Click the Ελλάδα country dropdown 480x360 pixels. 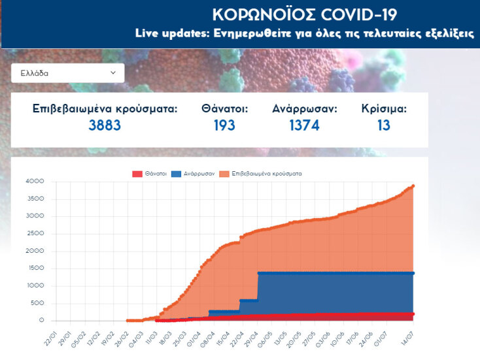pos(67,73)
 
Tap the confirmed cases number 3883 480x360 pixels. pos(105,125)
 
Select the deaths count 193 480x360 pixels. pos(224,125)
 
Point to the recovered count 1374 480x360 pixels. pos(304,125)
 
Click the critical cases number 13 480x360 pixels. pos(384,125)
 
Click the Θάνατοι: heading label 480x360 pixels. pos(224,108)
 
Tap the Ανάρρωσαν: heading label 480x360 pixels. pos(305,108)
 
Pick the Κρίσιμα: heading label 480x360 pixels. pos(384,108)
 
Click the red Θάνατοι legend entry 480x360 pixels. pos(149,174)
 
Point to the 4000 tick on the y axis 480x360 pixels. pos(34,182)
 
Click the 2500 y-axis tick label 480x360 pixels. pos(34,234)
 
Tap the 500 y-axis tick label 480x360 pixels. pos(37,303)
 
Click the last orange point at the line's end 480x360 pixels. pos(413,186)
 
